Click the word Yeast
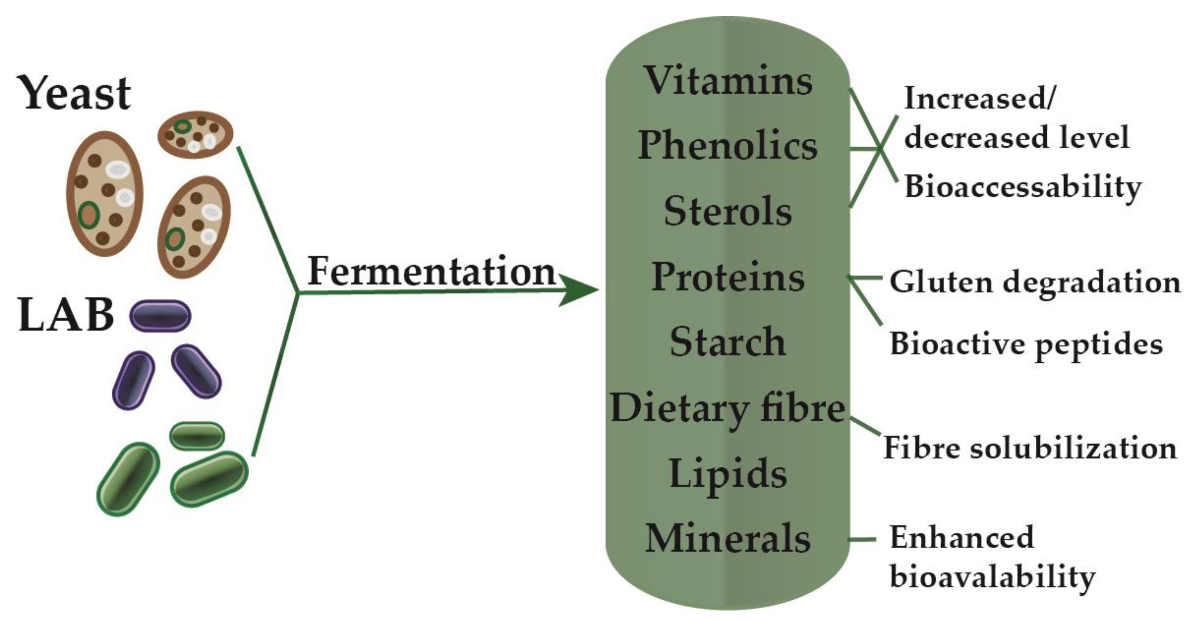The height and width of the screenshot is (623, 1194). pos(74,94)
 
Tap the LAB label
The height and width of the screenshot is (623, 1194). pos(66,315)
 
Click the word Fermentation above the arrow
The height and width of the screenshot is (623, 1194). pos(431,272)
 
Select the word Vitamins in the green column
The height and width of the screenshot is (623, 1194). pos(728,81)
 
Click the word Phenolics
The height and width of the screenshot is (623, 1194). pos(727,146)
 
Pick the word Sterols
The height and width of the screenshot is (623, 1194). pos(728,211)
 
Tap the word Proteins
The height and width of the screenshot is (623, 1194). pos(728,277)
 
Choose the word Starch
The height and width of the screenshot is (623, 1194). pos(728,342)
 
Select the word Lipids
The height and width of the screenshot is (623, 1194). pos(728,473)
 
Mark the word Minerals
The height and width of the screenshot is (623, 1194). pos(728,539)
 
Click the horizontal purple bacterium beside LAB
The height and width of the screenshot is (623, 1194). pos(160,316)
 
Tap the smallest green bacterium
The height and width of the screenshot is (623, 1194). pos(197,436)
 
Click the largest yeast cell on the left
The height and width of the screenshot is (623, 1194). pos(104,194)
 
